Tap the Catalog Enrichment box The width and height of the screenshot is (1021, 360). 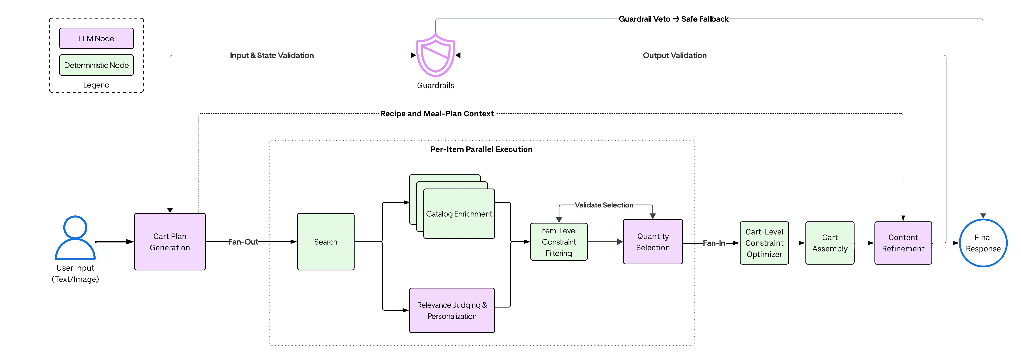[x=459, y=214]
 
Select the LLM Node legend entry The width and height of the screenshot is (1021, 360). [x=96, y=39]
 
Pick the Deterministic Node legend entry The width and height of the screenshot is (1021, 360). [x=96, y=65]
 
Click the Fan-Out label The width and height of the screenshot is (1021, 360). [x=243, y=242]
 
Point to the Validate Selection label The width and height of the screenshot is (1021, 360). [x=604, y=205]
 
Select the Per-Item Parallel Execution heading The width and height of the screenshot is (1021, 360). [x=481, y=149]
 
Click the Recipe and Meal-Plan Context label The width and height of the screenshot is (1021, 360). [x=437, y=114]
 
